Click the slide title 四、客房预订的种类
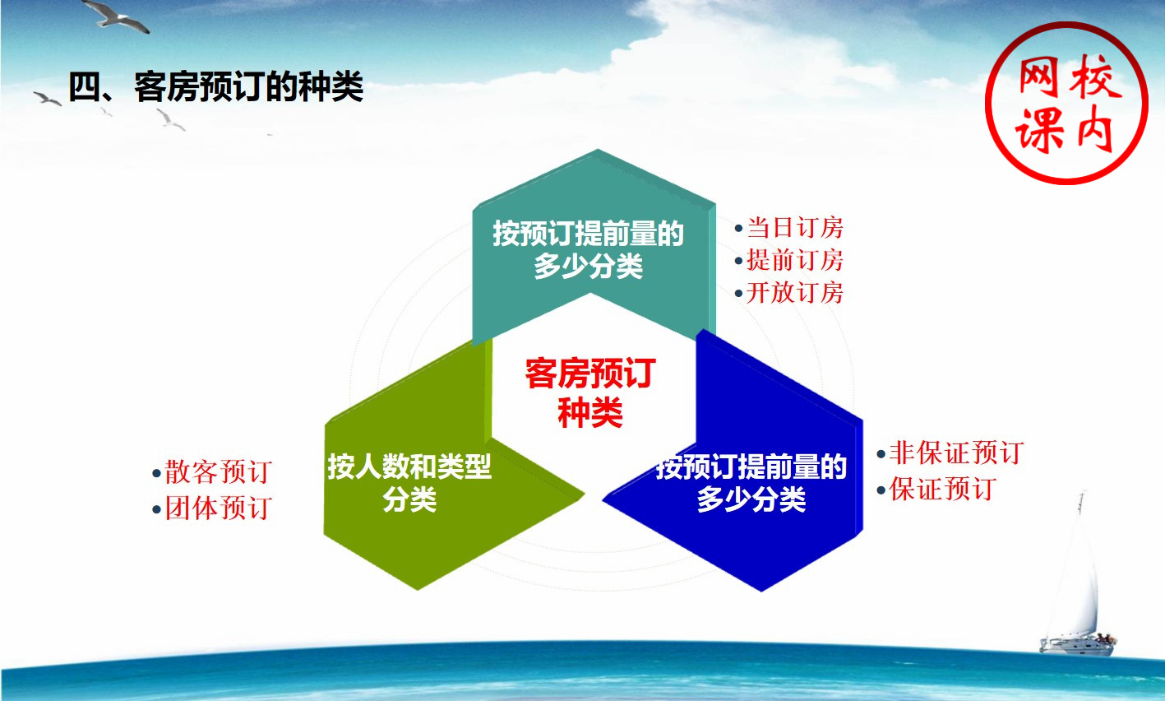(x=216, y=86)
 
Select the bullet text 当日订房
(x=795, y=227)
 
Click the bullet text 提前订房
(x=795, y=260)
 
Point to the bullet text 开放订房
(x=795, y=292)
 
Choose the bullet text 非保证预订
(x=956, y=452)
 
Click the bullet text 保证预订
(x=943, y=489)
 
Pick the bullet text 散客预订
(x=219, y=471)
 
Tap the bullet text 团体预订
(x=219, y=508)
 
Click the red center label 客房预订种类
(x=590, y=392)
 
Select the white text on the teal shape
(x=588, y=249)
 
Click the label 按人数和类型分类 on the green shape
(x=409, y=482)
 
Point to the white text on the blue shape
(x=751, y=482)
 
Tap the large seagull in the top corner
(x=118, y=16)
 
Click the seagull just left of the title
(x=48, y=99)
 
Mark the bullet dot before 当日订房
(x=738, y=228)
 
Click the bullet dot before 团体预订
(x=156, y=509)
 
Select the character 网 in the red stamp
(x=1039, y=78)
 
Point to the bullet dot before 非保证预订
(x=881, y=454)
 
